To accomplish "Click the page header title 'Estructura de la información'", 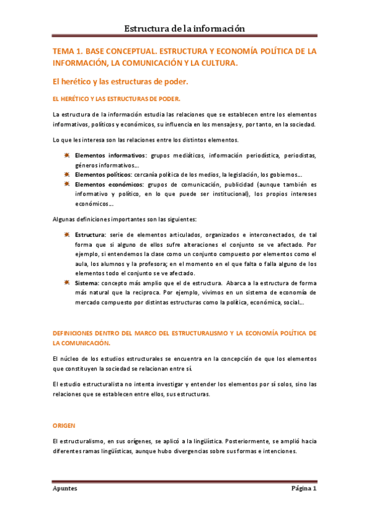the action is point(185,28).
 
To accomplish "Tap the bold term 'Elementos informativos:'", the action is point(111,156).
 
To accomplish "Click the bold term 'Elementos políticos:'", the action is point(103,175).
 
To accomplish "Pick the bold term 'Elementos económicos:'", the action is point(109,184).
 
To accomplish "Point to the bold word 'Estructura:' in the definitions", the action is point(91,235).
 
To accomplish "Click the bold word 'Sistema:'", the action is point(88,283).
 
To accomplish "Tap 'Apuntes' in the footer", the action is point(65,489).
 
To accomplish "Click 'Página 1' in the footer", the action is point(303,489).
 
